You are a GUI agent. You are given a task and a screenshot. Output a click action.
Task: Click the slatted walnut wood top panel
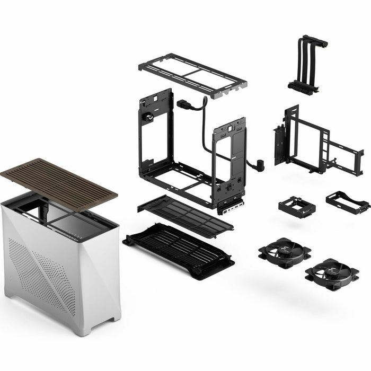(58, 183)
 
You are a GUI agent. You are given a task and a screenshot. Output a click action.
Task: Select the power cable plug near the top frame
(183, 104)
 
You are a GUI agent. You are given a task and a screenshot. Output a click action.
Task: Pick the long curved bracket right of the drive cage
(347, 202)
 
